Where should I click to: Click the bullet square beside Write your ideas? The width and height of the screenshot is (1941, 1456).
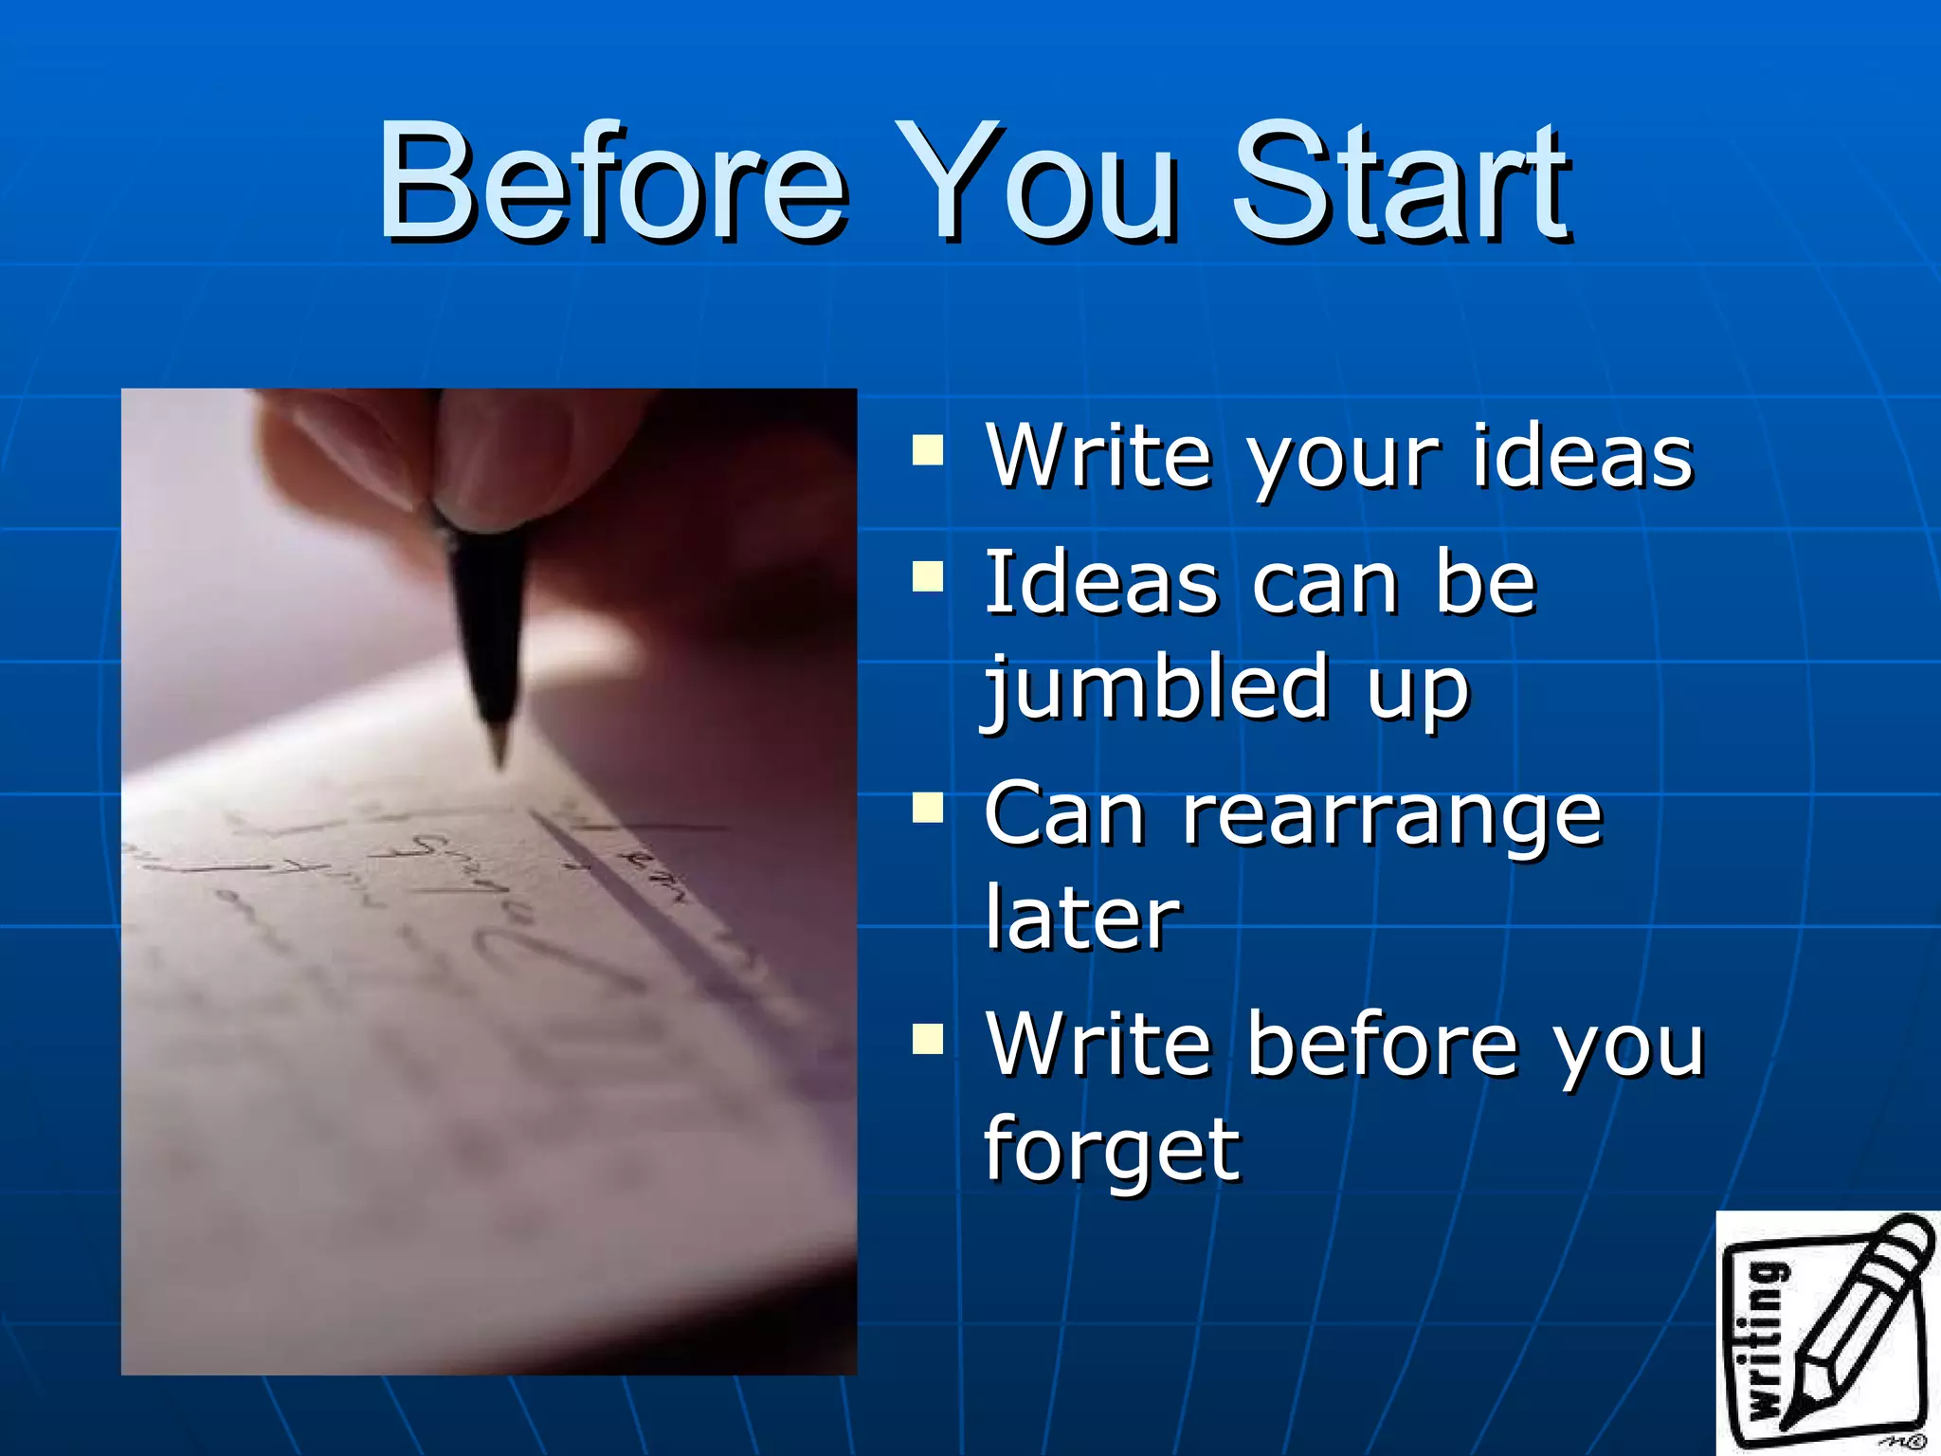(x=928, y=451)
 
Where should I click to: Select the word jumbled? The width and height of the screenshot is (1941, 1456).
(x=1156, y=687)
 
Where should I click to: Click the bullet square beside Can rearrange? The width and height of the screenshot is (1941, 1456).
(x=928, y=808)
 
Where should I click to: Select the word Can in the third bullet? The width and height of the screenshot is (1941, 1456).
(x=1063, y=815)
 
